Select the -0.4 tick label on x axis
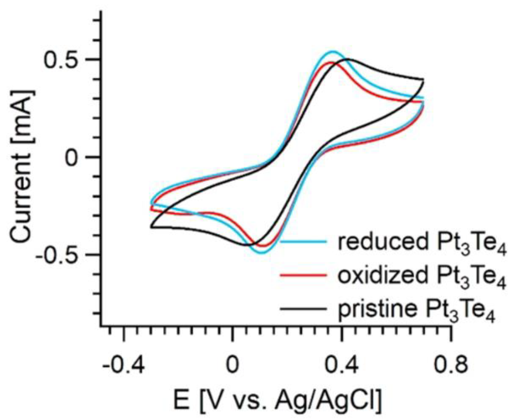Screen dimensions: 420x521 pyautogui.click(x=124, y=365)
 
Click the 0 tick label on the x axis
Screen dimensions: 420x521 pyautogui.click(x=232, y=365)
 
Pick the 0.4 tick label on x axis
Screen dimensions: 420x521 pyautogui.click(x=342, y=365)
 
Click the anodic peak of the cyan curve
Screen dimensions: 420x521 pyautogui.click(x=333, y=52)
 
